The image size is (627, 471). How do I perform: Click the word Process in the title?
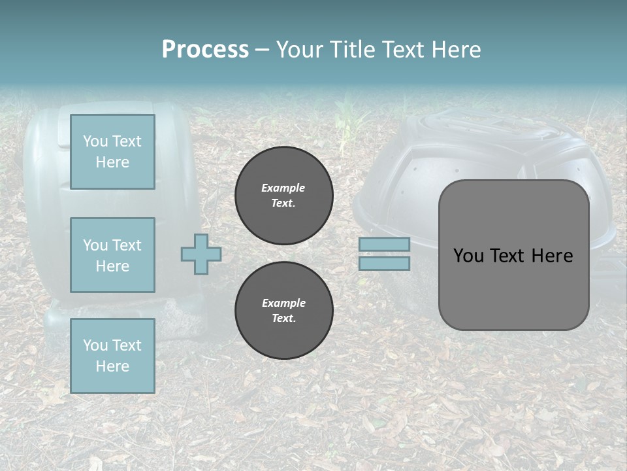click(205, 50)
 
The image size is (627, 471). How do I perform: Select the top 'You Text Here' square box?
click(112, 152)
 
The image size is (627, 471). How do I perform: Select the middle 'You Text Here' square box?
click(112, 255)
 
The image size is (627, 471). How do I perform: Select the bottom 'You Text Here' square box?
click(112, 355)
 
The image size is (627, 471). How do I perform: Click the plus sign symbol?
click(201, 254)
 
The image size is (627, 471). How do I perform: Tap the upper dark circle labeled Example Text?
click(284, 196)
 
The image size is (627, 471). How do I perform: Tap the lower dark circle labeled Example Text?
click(284, 311)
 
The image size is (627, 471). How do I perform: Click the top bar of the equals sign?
click(384, 244)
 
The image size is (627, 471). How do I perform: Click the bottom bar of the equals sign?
click(384, 263)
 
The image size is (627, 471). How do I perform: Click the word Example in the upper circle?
click(283, 188)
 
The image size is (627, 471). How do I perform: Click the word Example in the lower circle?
click(283, 303)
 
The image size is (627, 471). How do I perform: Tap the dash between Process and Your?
click(262, 50)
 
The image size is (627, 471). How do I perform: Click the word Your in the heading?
click(300, 50)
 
